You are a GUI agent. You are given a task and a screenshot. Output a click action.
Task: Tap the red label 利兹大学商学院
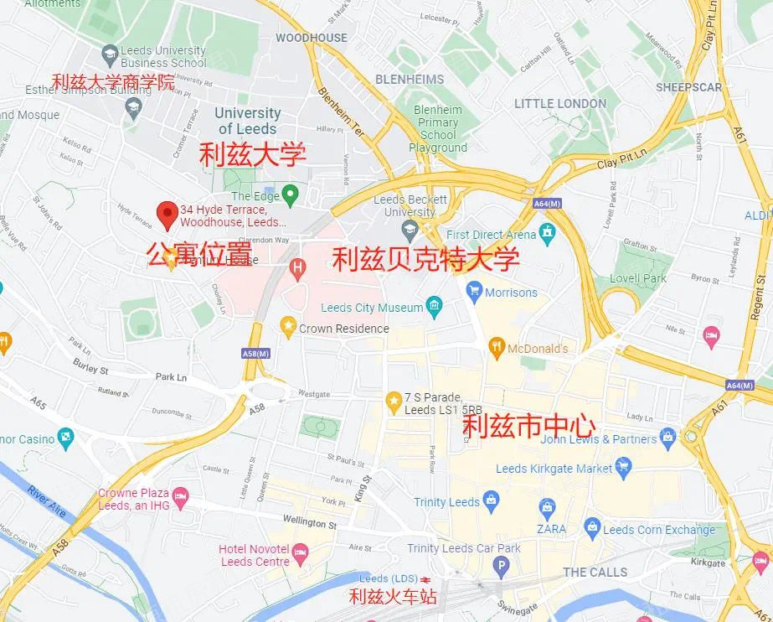click(112, 82)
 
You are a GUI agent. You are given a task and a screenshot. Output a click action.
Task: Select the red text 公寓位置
click(198, 252)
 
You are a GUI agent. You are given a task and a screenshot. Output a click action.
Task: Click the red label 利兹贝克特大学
click(425, 259)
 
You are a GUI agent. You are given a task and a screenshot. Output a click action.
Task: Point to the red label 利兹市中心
click(529, 427)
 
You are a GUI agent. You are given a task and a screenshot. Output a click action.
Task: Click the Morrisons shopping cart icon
click(475, 293)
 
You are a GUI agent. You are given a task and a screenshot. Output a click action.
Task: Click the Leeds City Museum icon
click(434, 308)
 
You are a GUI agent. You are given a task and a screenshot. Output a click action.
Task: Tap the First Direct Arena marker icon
click(548, 231)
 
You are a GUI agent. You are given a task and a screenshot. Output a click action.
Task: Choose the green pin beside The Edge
click(290, 195)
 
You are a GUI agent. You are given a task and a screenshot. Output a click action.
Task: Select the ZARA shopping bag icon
click(547, 507)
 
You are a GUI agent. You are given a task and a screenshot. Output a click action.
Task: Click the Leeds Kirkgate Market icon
click(622, 466)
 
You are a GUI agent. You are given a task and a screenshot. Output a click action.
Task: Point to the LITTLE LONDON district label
click(560, 103)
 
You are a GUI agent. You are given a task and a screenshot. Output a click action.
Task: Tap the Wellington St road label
click(309, 522)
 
